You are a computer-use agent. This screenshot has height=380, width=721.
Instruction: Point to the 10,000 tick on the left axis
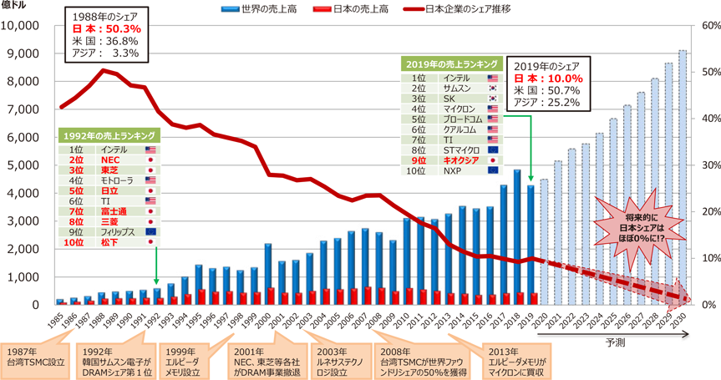click(28, 25)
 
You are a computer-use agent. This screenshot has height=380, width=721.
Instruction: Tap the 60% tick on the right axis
click(708, 25)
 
